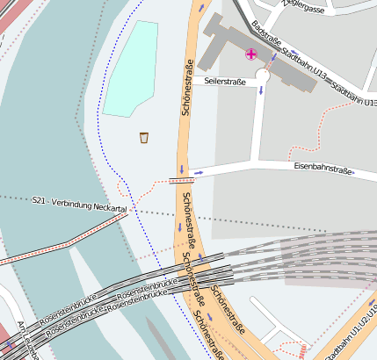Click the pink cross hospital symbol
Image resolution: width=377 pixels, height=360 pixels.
pos(251,54)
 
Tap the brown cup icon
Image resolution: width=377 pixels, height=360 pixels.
pos(144,137)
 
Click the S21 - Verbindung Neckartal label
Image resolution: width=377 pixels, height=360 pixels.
pos(79,205)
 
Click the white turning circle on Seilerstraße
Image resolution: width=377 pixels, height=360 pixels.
pos(262,77)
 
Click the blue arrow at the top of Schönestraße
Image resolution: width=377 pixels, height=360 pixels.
pos(202,7)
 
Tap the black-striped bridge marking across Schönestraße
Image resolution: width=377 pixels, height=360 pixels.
pos(181,180)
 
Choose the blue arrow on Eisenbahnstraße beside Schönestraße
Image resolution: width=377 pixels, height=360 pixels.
pos(199,173)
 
